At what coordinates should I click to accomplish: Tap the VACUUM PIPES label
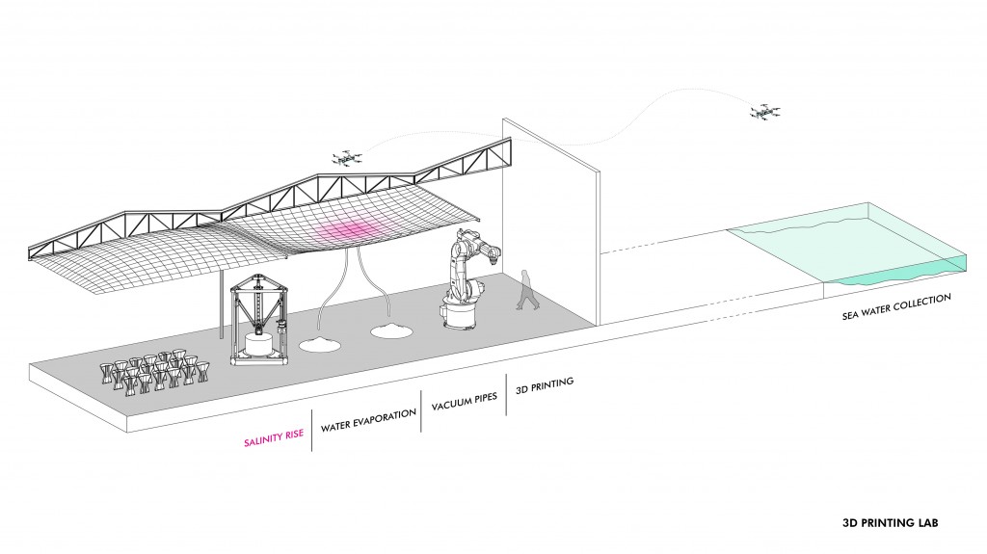[464, 400]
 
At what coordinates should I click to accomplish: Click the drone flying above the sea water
[764, 113]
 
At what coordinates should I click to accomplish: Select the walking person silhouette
[526, 289]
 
